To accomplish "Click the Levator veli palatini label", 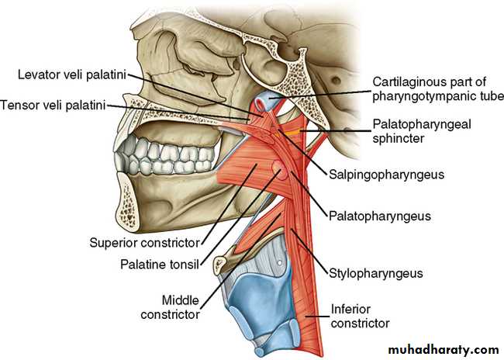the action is click(72, 74).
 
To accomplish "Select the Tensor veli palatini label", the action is click(53, 105).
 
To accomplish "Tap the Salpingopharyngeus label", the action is click(386, 175).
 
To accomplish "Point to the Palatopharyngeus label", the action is click(380, 216).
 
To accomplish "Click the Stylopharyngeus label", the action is click(376, 273).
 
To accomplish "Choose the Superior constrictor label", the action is click(145, 243).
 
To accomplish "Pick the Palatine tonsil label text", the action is click(160, 265).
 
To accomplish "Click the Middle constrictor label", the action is click(171, 307).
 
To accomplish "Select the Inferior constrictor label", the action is click(360, 317).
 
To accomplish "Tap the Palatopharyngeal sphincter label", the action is click(422, 131).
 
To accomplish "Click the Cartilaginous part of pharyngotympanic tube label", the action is click(438, 89).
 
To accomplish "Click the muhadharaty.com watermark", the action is click(444, 350).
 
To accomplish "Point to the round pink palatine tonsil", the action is click(280, 171).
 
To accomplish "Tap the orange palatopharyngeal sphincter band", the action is click(292, 132).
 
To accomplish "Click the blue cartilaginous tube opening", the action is click(261, 102).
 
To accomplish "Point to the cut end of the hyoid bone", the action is click(220, 264).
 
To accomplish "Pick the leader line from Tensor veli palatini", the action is click(178, 112).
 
